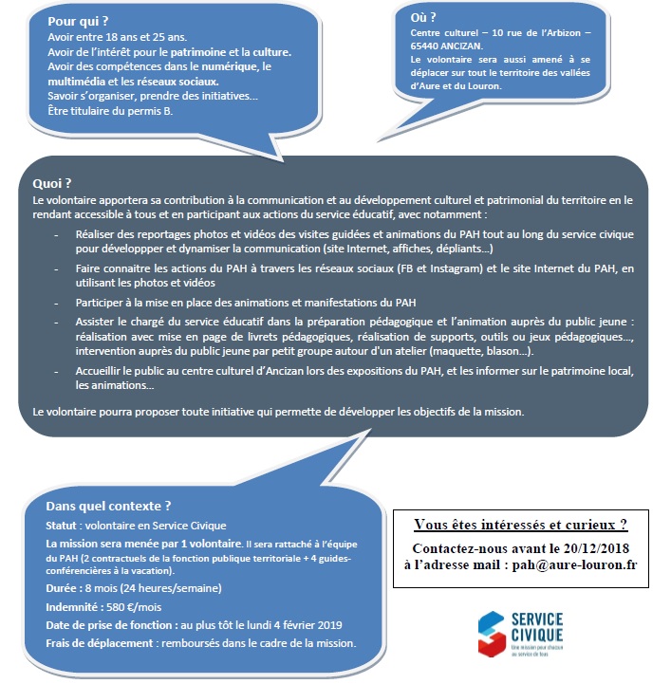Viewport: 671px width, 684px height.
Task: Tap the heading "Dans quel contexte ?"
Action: (x=109, y=506)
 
